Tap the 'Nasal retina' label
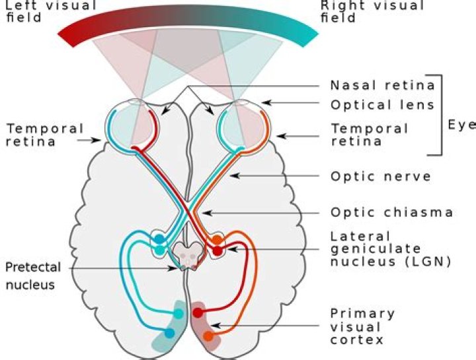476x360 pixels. pos(382,85)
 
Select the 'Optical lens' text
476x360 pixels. pos(382,104)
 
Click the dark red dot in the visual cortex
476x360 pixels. pos(197,312)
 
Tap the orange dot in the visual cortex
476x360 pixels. pos(209,336)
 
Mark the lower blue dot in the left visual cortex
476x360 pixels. pos(169,333)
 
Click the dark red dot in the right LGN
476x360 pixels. pos(217,251)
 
